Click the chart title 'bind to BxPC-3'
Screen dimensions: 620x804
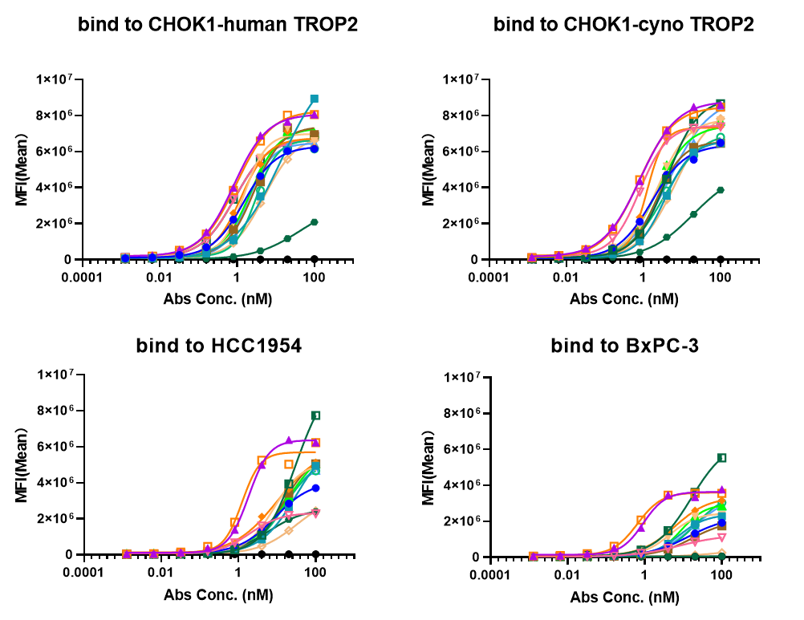620,346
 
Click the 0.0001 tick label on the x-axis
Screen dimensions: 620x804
490,577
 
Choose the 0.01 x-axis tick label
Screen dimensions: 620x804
567,577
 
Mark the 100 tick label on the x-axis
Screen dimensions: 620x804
721,577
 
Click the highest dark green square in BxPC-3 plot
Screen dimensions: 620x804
721,457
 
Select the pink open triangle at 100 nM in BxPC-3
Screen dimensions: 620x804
721,537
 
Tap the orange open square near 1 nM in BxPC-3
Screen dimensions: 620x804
640,520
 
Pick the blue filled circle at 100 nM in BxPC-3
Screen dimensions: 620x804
721,523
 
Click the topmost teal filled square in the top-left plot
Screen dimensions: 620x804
315,99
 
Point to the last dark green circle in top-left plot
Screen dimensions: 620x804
315,221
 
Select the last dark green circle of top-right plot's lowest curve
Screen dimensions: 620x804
721,190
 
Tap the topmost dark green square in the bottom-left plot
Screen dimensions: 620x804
316,415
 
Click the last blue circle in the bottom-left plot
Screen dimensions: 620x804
316,488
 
